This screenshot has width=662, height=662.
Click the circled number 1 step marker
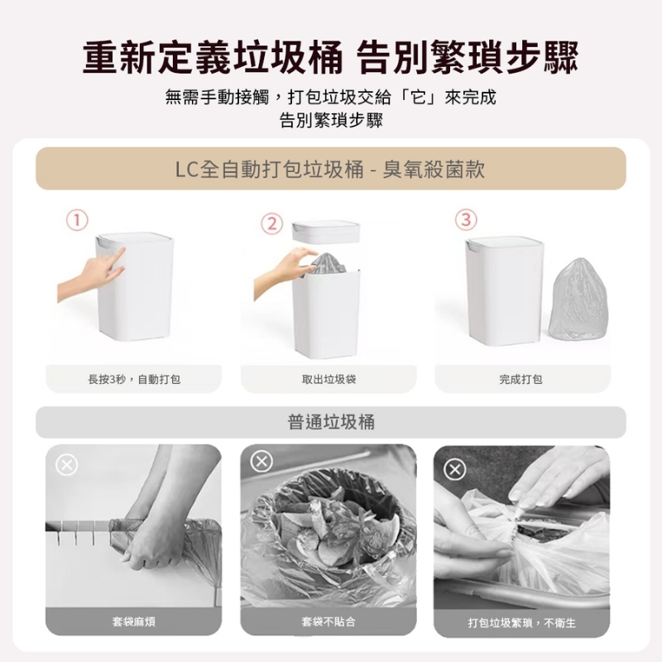[77, 220]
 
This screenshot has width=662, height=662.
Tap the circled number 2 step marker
[272, 224]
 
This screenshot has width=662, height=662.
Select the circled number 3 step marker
[466, 220]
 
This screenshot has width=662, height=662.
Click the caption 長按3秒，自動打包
[134, 379]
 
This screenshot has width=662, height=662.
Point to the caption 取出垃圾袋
[329, 379]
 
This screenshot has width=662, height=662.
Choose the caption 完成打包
[520, 379]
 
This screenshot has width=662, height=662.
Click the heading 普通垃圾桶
[331, 422]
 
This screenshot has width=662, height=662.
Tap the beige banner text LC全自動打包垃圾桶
[270, 169]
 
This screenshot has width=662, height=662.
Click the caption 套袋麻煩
[134, 621]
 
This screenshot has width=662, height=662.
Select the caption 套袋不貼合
[329, 621]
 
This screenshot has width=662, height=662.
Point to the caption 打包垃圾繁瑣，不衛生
[521, 623]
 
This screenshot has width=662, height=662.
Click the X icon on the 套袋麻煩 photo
[67, 465]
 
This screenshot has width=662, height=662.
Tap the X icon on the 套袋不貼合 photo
[261, 461]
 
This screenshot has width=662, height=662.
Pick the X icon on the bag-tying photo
[454, 469]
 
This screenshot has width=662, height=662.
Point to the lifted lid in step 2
[326, 232]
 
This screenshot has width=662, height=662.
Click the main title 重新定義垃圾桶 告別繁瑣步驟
[330, 57]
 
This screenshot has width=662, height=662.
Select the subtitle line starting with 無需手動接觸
[330, 98]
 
